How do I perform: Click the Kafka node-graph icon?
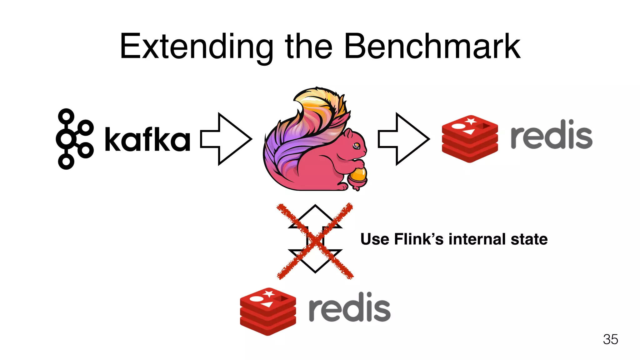74,139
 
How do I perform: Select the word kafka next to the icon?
147,139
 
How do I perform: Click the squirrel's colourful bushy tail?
300,131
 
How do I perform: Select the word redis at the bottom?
349,307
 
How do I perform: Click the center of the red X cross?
315,241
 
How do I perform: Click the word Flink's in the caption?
419,239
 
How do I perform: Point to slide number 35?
610,339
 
